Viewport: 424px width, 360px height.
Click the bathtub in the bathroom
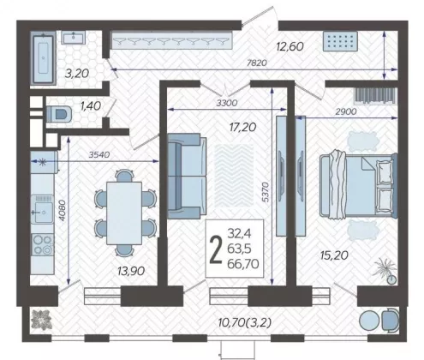click(x=44, y=58)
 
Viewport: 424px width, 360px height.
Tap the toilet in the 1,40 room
click(x=59, y=113)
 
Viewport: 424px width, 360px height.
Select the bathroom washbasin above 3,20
click(x=74, y=38)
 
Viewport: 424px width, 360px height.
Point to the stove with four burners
click(x=42, y=244)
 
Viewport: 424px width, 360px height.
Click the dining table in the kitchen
click(x=124, y=213)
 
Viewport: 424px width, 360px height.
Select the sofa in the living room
click(x=187, y=176)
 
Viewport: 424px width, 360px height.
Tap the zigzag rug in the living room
click(x=234, y=175)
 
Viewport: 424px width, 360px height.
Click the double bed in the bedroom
click(x=358, y=186)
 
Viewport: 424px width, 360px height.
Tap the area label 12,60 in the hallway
click(x=290, y=46)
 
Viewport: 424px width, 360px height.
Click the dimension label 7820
click(x=257, y=63)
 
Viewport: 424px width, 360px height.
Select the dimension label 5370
click(x=266, y=192)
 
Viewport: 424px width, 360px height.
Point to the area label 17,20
click(x=242, y=127)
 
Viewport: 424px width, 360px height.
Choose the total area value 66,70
click(x=243, y=263)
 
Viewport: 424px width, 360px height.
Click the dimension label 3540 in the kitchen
click(x=99, y=154)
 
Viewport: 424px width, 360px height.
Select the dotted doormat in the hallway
click(x=340, y=41)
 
